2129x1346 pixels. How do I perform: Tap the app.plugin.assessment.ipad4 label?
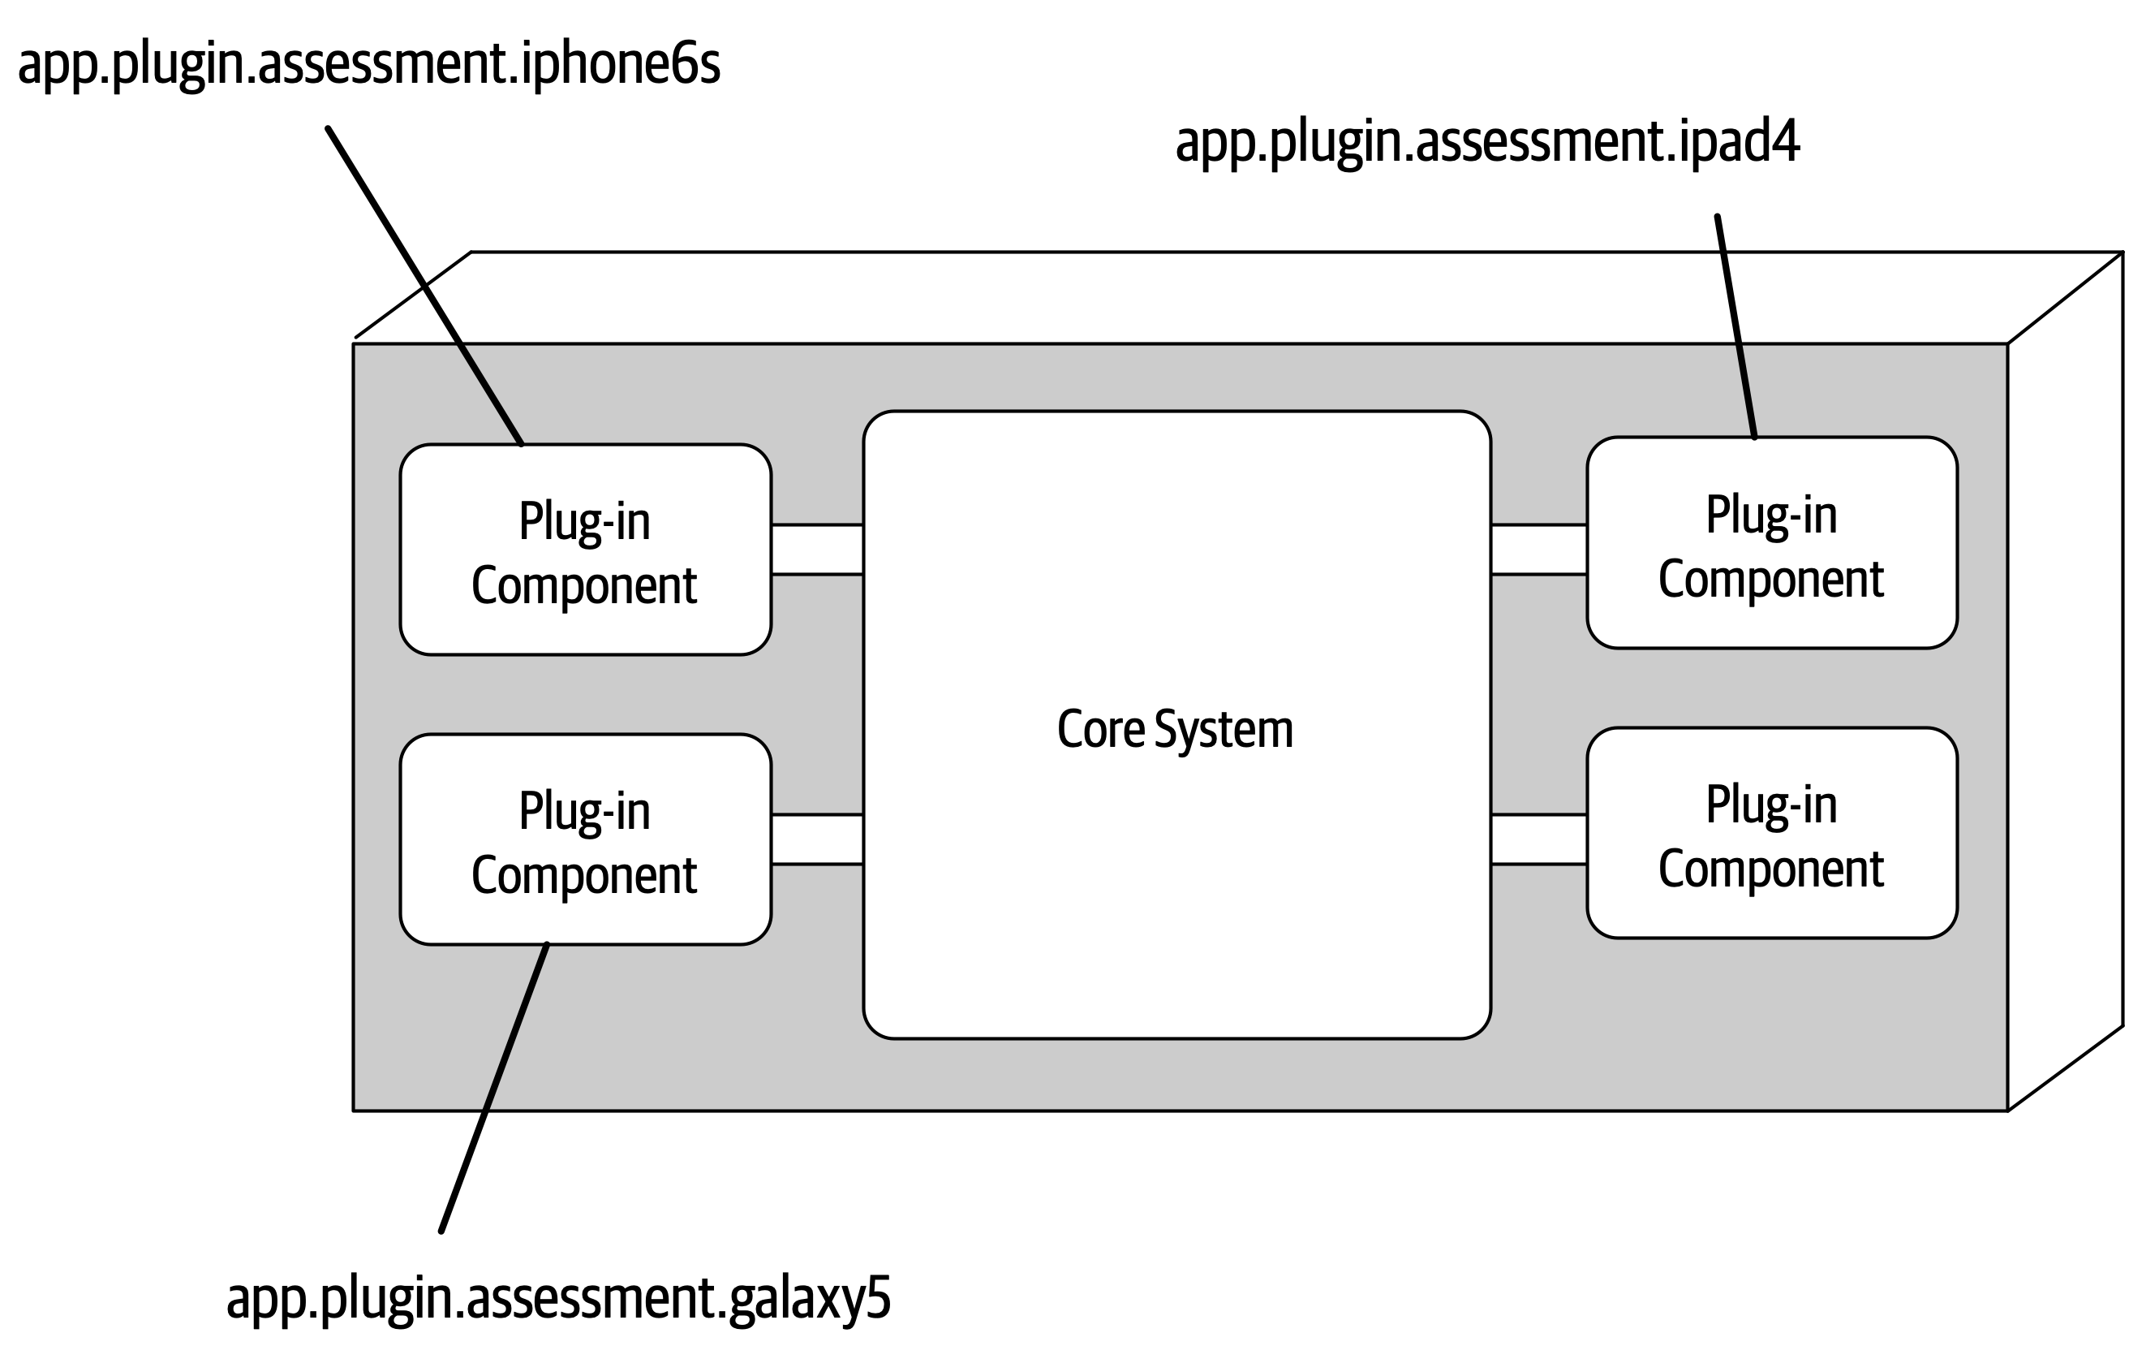(x=1487, y=141)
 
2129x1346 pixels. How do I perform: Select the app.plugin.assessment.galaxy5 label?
(x=558, y=1297)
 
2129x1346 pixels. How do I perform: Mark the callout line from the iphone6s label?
(x=424, y=286)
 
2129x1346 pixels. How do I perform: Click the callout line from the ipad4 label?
(x=1735, y=327)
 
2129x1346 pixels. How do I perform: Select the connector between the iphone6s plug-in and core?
(x=817, y=549)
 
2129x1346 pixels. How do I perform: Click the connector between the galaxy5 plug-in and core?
(x=817, y=839)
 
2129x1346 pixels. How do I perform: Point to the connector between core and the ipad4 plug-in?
(x=1538, y=549)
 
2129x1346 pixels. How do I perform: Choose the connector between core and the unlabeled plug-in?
(x=1538, y=839)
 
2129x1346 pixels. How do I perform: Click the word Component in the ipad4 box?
(x=1771, y=580)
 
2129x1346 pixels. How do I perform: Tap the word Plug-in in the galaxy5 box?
(x=584, y=811)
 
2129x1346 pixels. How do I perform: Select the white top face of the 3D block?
(x=1238, y=297)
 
